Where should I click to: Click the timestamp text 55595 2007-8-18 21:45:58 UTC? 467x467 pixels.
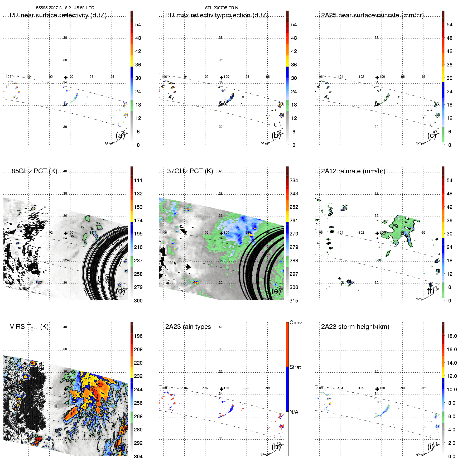(x=65, y=8)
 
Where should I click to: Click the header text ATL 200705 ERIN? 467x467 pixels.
(x=221, y=8)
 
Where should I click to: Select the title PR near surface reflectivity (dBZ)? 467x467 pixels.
(x=58, y=15)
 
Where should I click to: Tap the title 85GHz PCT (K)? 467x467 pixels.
(x=34, y=171)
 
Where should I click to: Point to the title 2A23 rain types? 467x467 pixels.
(x=188, y=327)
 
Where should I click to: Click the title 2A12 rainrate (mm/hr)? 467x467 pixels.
(x=353, y=171)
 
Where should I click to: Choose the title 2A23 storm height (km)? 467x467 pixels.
(x=355, y=327)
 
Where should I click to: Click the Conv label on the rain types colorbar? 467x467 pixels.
(x=296, y=322)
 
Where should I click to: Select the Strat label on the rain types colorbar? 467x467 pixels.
(x=295, y=367)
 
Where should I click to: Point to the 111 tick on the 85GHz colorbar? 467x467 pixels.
(x=138, y=180)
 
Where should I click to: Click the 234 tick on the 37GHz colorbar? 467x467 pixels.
(x=294, y=180)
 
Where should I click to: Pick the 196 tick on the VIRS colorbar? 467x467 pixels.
(x=138, y=336)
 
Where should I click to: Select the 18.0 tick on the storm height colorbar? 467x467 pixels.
(x=452, y=336)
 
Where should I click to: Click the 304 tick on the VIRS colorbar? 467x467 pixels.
(x=138, y=456)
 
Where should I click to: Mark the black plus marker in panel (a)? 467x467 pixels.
(x=66, y=78)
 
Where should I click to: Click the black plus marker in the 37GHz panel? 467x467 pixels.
(x=221, y=233)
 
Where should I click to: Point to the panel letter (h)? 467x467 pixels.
(x=276, y=447)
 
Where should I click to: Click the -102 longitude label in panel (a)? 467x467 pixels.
(x=49, y=77)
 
